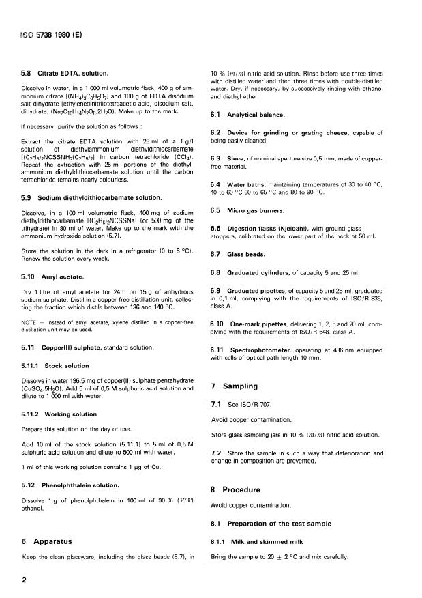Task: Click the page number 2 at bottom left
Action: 25,580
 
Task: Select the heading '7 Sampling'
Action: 238,386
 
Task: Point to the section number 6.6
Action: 216,228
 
